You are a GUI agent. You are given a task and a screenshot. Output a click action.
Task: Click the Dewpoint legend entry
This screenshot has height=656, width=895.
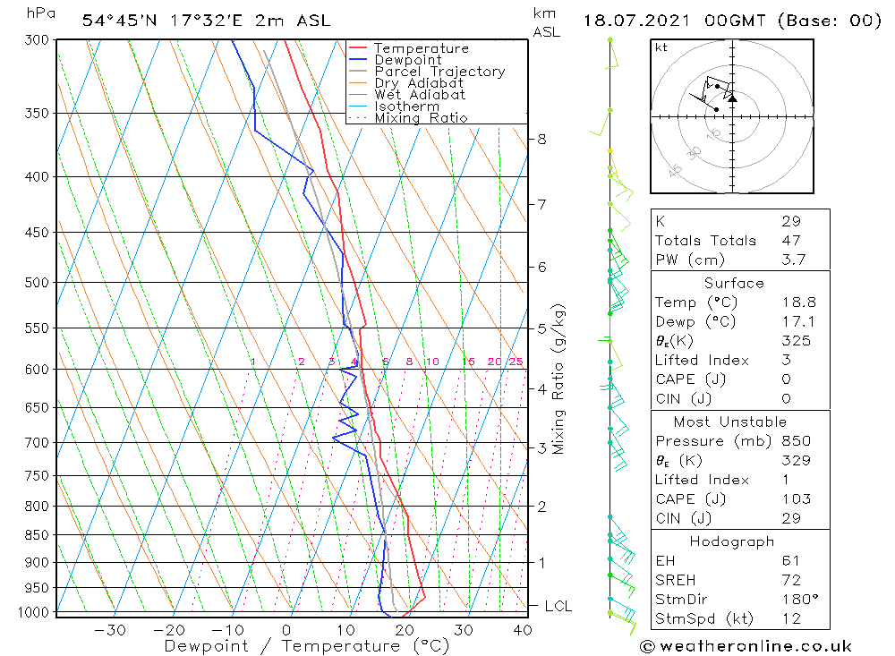(x=407, y=60)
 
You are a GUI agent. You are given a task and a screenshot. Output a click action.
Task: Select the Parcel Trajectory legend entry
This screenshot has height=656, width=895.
(x=439, y=72)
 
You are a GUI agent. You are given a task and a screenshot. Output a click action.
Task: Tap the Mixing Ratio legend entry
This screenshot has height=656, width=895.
(x=421, y=117)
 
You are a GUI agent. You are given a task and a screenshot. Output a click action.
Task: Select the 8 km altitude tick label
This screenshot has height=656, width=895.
(x=542, y=139)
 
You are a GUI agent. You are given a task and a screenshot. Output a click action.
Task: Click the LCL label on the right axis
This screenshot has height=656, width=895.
(x=558, y=606)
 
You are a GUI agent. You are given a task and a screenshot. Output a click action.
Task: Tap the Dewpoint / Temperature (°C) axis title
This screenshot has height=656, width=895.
(x=306, y=645)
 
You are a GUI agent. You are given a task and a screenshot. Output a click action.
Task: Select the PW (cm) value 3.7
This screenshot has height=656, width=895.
(x=794, y=260)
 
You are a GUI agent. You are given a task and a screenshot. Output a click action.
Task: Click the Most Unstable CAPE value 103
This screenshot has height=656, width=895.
(x=796, y=498)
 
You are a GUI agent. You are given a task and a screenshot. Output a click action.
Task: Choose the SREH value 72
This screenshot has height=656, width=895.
(x=789, y=579)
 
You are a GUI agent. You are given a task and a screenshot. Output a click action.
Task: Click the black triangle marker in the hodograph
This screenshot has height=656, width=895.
(x=733, y=98)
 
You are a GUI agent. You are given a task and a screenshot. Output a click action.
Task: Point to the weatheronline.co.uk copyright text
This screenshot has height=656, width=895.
(x=746, y=646)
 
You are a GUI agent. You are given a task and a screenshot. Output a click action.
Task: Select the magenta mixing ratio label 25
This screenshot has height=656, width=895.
(x=516, y=362)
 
